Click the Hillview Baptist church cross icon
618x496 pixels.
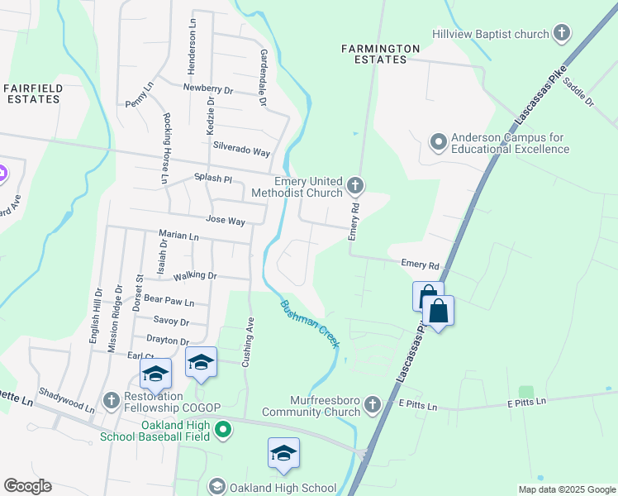click(562, 34)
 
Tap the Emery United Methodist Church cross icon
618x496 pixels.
click(356, 184)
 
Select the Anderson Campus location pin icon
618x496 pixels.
click(438, 143)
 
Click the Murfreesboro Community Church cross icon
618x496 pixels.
click(373, 403)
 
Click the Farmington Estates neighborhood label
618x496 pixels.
click(381, 54)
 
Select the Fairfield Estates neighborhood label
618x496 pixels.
click(33, 93)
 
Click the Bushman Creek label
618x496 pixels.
click(309, 323)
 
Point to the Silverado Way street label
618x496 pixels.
click(242, 152)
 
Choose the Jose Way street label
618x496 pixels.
click(226, 222)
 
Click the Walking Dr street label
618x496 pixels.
click(196, 275)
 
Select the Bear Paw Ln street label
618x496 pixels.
click(169, 302)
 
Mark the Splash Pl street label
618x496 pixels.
click(213, 179)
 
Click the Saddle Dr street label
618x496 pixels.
click(579, 93)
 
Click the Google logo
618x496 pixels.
click(27, 486)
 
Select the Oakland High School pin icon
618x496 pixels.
click(217, 487)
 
